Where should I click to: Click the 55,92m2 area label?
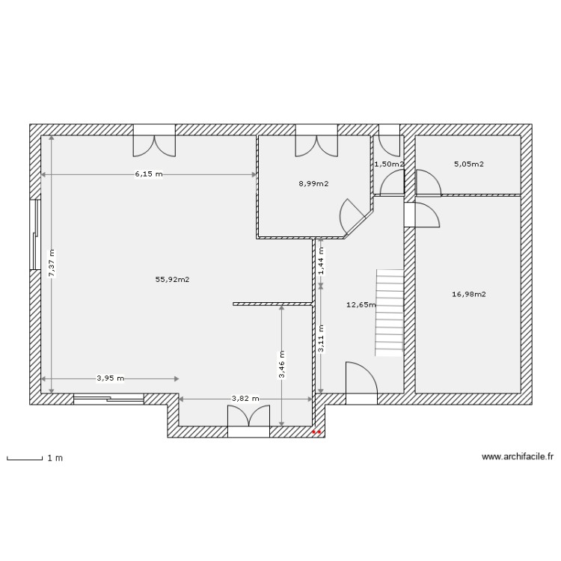(172, 280)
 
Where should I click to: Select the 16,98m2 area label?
(469, 294)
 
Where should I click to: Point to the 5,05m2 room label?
(468, 164)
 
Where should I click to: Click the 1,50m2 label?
(388, 164)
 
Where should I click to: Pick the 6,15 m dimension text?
(148, 174)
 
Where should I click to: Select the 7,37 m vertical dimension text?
(52, 263)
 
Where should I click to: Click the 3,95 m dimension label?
(110, 378)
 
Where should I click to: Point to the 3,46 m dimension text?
(281, 365)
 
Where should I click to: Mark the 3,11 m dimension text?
(320, 338)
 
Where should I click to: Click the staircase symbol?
(389, 312)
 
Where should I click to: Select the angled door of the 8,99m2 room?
(353, 216)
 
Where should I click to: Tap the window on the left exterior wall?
(34, 234)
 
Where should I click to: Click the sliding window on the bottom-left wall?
(108, 399)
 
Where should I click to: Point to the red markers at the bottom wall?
(316, 432)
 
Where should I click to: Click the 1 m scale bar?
(24, 457)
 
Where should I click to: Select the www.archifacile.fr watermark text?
(518, 456)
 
